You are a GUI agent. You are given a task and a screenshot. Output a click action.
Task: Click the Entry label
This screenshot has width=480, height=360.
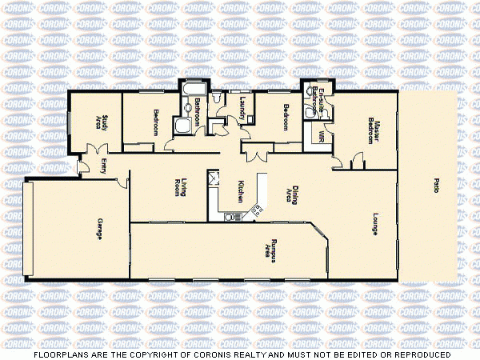[x=104, y=166]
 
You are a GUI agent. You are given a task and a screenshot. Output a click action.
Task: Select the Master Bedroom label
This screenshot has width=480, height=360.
[x=372, y=130]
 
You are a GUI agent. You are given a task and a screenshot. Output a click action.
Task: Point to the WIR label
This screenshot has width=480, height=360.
[x=321, y=136]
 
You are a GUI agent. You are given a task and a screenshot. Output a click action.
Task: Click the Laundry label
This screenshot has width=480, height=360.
[x=242, y=114]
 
